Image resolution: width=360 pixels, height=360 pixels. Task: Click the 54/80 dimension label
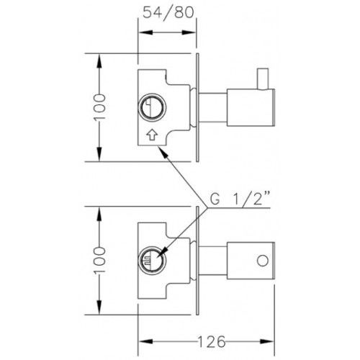pos(168,13)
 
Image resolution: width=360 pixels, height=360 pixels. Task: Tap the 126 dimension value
pos(212,341)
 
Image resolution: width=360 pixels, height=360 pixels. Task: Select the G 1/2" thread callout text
pos(240,199)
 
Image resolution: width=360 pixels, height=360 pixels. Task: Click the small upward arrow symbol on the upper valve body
pos(152,135)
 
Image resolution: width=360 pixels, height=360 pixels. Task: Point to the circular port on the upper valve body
pos(152,107)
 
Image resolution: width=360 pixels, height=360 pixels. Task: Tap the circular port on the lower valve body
pos(152,260)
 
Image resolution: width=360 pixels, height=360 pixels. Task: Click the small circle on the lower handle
pos(263,261)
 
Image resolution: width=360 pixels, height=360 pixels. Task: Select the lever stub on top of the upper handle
pos(263,79)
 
